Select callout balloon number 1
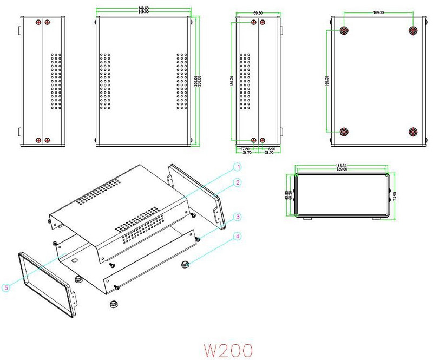(x=237, y=166)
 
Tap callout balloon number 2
(x=237, y=183)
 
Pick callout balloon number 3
(x=237, y=217)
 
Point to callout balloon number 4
(x=237, y=236)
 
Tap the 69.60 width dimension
(x=257, y=12)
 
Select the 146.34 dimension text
(x=342, y=166)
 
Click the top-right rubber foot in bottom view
(x=414, y=31)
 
